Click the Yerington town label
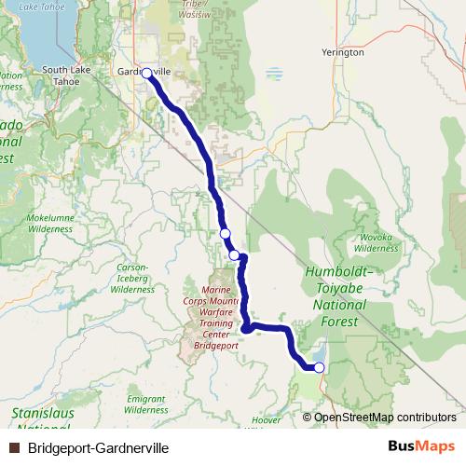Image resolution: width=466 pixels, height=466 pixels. pyautogui.click(x=342, y=53)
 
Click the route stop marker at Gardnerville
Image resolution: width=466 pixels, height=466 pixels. pyautogui.click(x=146, y=72)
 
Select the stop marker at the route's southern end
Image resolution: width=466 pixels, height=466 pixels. pyautogui.click(x=319, y=367)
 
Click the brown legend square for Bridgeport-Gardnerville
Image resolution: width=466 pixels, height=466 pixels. pyautogui.click(x=14, y=447)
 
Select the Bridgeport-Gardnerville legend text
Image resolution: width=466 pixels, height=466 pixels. pyautogui.click(x=99, y=447)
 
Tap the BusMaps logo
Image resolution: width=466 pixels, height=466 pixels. pyautogui.click(x=421, y=446)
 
